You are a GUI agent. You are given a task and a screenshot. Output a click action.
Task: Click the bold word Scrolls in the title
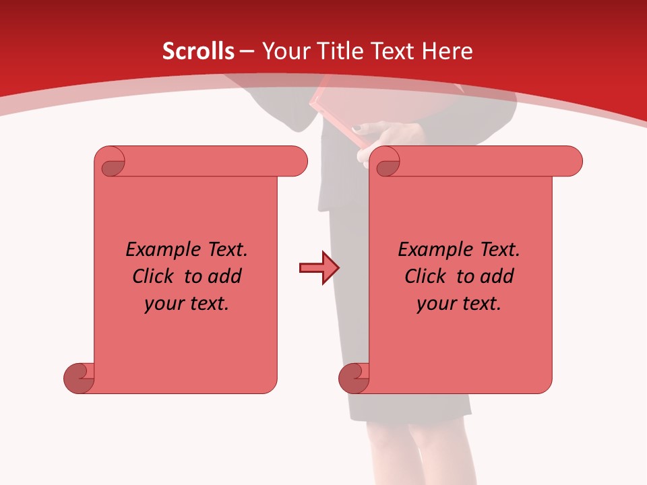[x=198, y=51]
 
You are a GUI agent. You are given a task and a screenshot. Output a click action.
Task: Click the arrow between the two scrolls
[x=319, y=268]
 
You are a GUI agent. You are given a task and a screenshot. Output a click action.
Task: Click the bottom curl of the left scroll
[x=79, y=378]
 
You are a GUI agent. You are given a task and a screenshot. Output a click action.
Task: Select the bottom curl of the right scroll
[x=354, y=378]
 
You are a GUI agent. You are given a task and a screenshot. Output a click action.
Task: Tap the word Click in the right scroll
[x=426, y=276]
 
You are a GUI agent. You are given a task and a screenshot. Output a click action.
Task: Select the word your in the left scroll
[x=163, y=304]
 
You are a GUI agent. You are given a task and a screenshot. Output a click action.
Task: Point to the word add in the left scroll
[x=224, y=276]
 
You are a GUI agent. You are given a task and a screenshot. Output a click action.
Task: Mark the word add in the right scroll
[x=497, y=276]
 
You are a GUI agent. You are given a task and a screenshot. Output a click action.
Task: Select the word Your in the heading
[x=284, y=51]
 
